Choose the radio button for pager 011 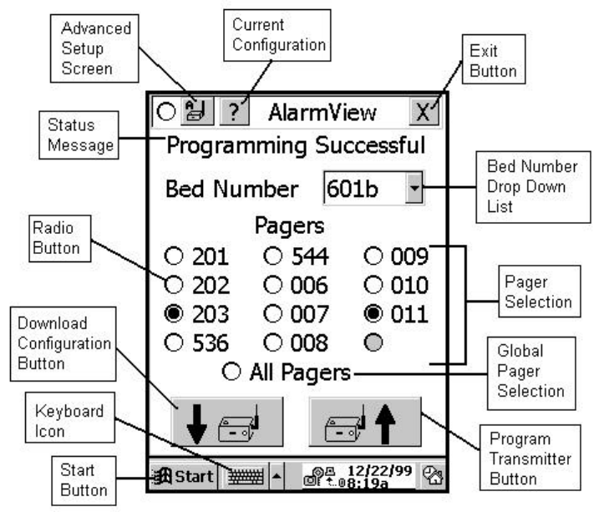[375, 316]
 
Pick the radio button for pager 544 [273, 257]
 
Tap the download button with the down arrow [227, 423]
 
